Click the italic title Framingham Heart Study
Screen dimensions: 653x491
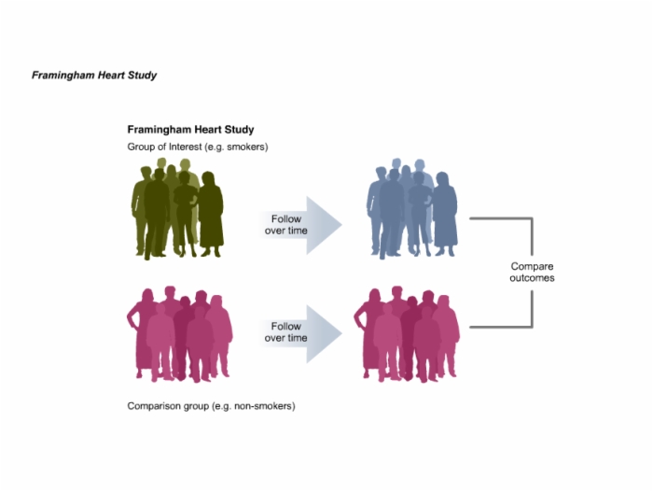[x=94, y=76]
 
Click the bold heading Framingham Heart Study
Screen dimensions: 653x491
[x=190, y=130]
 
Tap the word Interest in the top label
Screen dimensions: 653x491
[x=185, y=147]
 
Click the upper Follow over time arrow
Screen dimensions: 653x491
[x=300, y=225]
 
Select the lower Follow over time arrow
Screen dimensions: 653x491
[x=300, y=333]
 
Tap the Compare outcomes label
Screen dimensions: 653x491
[x=532, y=273]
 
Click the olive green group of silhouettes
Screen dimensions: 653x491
[x=178, y=208]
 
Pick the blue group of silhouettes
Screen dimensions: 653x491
[x=412, y=208]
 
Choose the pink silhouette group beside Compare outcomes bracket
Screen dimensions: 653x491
[x=407, y=334]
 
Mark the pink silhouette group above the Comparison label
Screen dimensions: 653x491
[x=179, y=334]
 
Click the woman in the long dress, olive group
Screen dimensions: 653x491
[x=211, y=215]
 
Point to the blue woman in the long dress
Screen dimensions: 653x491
[x=445, y=215]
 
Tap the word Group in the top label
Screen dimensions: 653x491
[x=141, y=147]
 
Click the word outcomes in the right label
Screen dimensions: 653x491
[x=532, y=278]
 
